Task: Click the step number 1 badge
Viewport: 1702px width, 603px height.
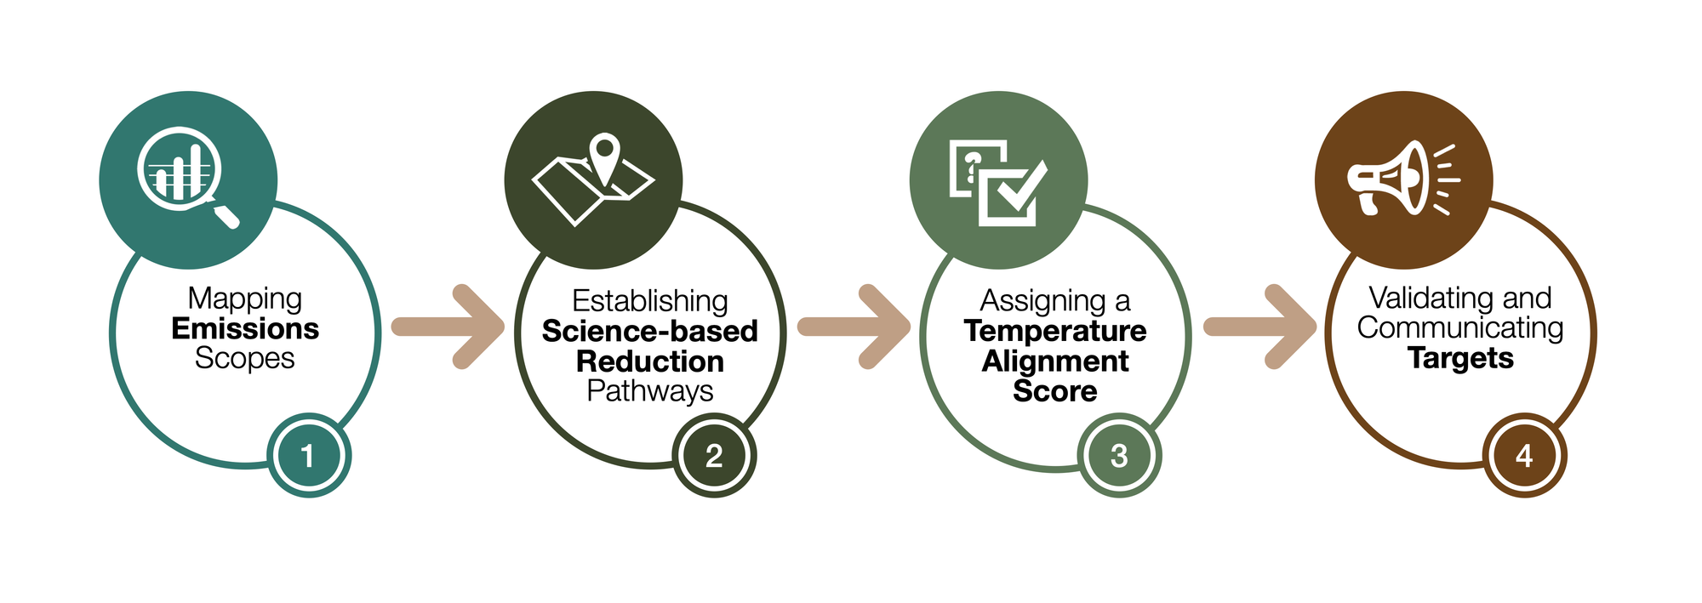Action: pos(309,456)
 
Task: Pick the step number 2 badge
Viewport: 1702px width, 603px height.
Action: pos(714,456)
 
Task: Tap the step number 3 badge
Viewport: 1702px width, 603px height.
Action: pos(1119,456)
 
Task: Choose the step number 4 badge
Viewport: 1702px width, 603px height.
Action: pos(1524,456)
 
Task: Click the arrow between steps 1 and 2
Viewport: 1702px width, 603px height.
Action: pos(448,327)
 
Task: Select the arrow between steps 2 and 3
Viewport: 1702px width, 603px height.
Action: pos(854,327)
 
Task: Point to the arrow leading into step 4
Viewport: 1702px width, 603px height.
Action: pos(1260,327)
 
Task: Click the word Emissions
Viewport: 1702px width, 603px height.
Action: pos(245,328)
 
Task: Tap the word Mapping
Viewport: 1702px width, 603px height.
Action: pos(245,299)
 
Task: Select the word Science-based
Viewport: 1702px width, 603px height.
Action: pos(650,331)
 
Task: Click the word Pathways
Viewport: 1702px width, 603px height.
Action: pos(650,390)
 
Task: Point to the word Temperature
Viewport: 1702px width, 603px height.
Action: pos(1055,331)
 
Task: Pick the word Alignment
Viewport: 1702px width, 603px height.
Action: pos(1055,361)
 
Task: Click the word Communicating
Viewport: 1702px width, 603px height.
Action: pos(1460,327)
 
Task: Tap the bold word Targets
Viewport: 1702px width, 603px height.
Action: pos(1460,358)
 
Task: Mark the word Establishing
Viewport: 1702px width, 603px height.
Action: pos(650,301)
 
